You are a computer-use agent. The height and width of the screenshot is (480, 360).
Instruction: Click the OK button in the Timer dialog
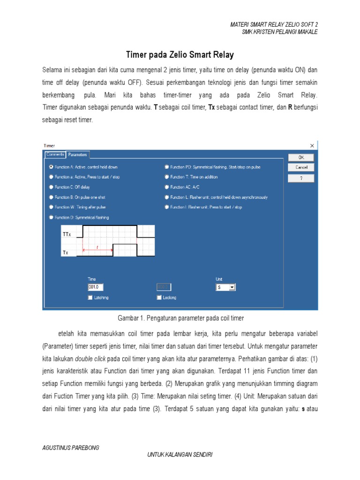tap(301, 157)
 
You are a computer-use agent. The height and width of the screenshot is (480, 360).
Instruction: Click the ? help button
tap(301, 178)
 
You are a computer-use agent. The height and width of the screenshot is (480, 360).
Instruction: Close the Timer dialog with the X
tap(312, 146)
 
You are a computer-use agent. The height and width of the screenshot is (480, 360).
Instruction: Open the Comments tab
tap(55, 154)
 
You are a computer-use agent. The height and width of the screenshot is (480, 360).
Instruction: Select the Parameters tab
tap(77, 154)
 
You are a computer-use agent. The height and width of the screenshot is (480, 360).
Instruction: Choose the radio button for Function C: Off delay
tap(51, 187)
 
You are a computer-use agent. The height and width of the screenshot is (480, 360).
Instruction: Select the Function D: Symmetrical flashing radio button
tap(51, 217)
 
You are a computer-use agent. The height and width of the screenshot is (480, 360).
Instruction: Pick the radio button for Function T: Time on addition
tap(166, 177)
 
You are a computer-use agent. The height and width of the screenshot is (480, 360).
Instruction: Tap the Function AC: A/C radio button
tap(166, 187)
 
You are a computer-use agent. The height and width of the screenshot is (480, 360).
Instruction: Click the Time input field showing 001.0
tap(95, 287)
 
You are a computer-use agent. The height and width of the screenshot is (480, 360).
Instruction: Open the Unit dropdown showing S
tap(232, 287)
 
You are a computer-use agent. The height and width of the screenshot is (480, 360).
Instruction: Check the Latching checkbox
tap(90, 297)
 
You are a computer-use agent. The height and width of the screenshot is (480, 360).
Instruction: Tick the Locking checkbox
tap(159, 297)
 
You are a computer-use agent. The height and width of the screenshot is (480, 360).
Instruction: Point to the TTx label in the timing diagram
tap(67, 234)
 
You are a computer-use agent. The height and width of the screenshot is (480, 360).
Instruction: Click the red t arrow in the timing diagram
tap(97, 250)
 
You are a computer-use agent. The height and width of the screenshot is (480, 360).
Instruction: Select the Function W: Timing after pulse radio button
tap(51, 207)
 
